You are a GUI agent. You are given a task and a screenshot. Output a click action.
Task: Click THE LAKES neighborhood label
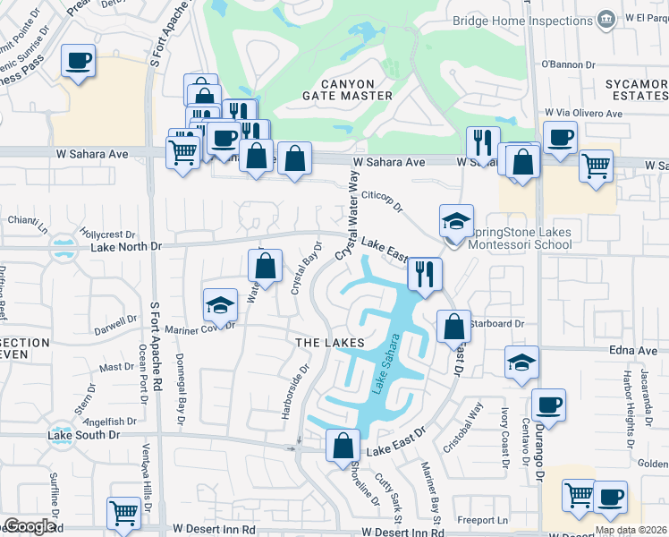tap(331, 343)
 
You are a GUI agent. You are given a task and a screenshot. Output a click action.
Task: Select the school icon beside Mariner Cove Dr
tap(220, 304)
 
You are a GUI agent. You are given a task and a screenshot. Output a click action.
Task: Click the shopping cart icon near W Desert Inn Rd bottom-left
tap(123, 513)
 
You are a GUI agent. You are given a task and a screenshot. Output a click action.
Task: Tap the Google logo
tap(30, 526)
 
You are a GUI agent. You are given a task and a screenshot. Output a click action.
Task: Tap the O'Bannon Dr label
tap(568, 64)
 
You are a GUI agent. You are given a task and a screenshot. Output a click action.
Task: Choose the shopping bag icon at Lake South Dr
tap(343, 445)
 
